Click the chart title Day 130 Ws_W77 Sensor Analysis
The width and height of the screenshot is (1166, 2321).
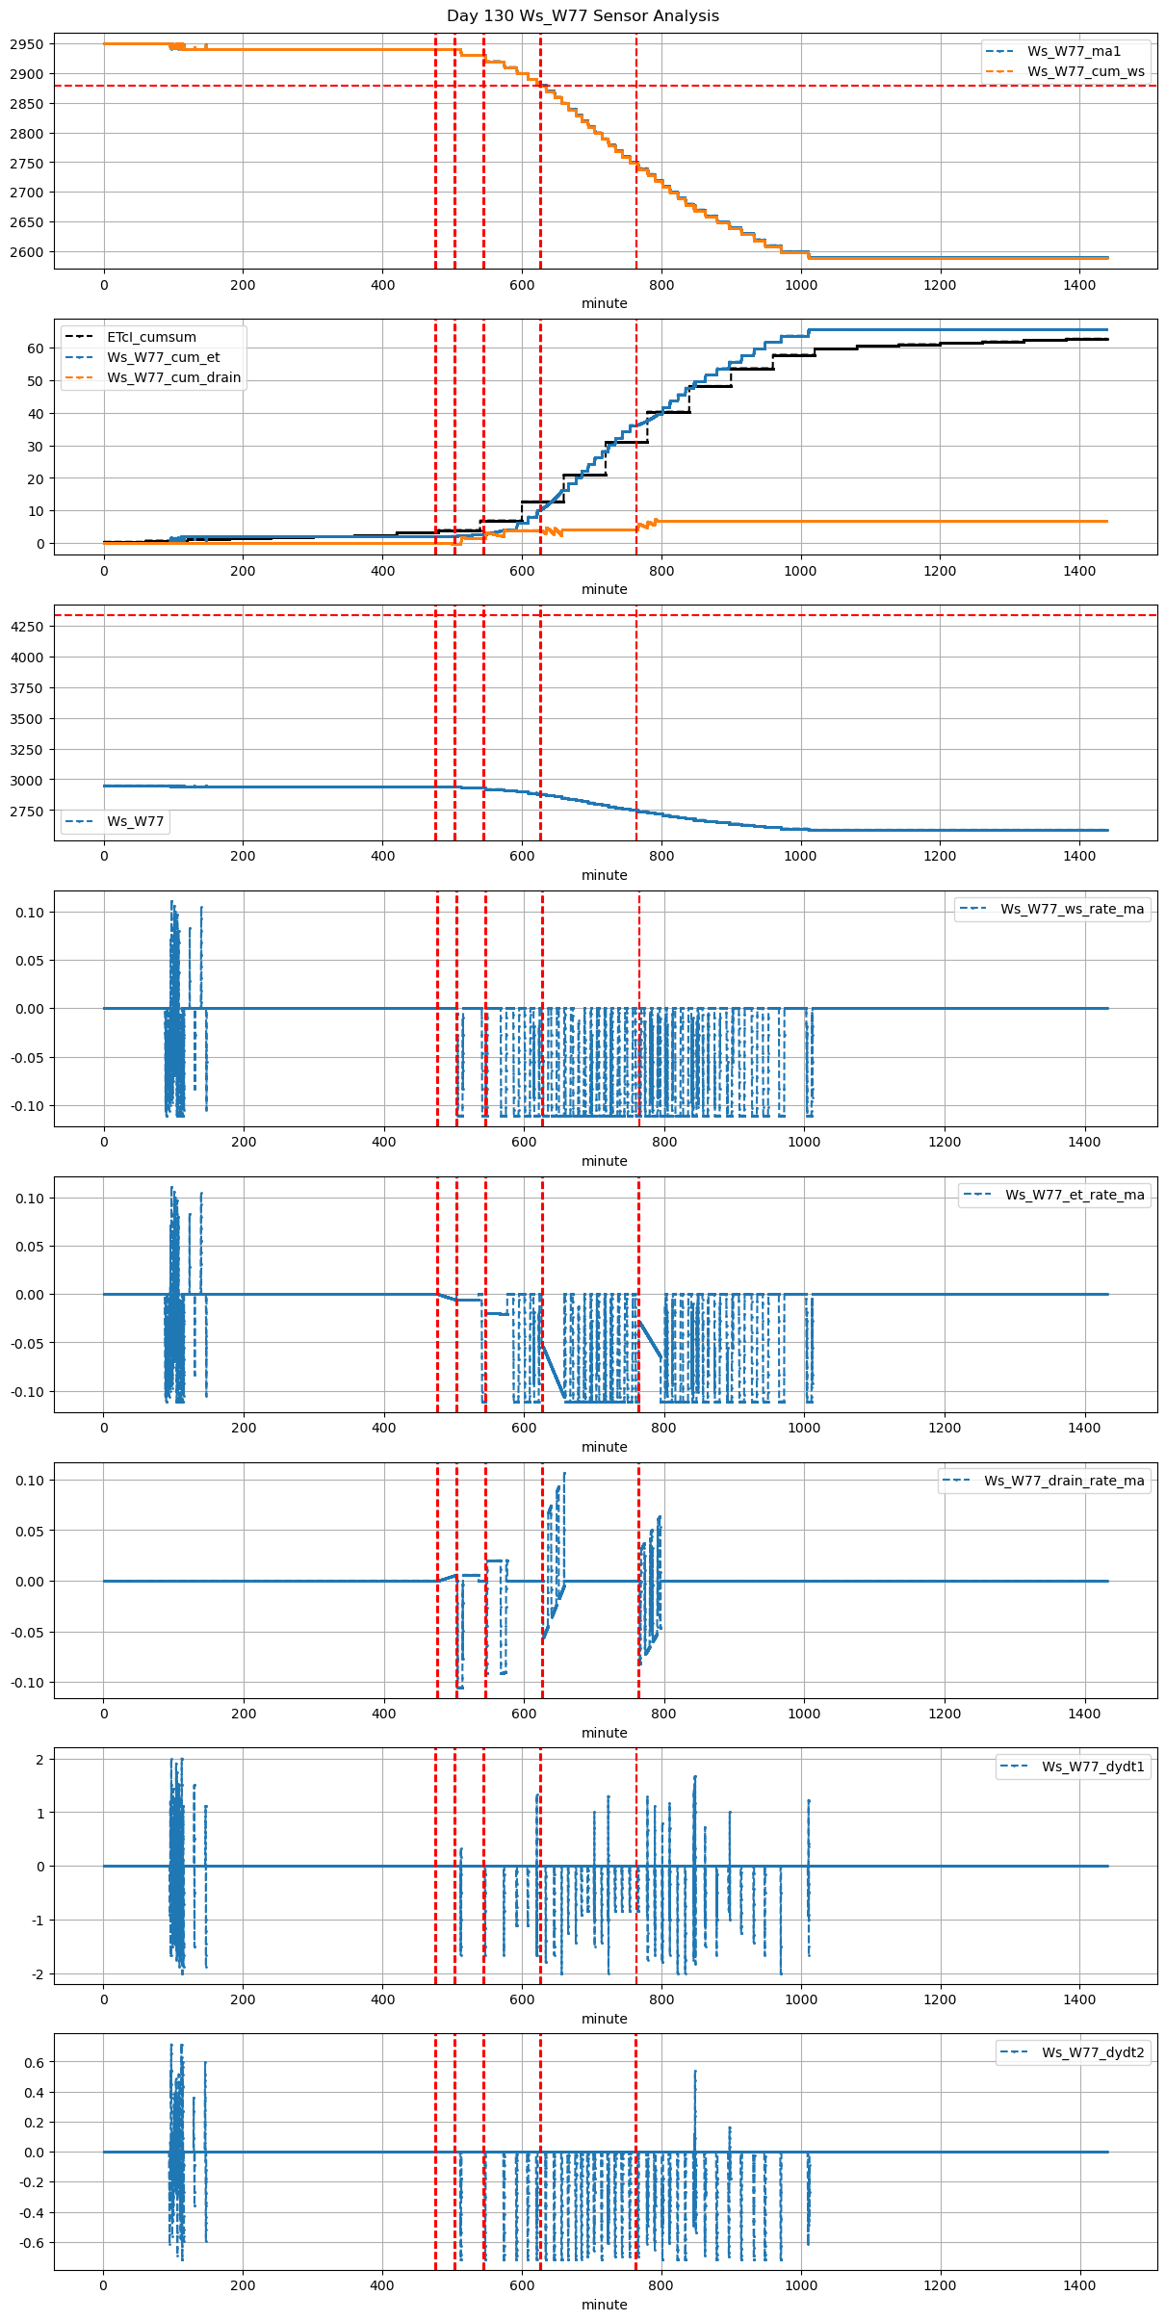click(x=583, y=16)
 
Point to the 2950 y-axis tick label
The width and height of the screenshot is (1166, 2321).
click(x=27, y=44)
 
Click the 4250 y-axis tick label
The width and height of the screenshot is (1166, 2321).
click(x=27, y=627)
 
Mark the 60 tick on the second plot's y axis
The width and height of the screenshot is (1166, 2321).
click(x=36, y=348)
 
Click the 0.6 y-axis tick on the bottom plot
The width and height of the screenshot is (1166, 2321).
click(x=33, y=2062)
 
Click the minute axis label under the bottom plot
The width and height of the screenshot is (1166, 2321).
click(x=605, y=2305)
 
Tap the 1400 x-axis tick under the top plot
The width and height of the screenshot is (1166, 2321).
click(x=1079, y=285)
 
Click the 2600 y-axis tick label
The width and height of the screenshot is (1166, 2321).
click(x=27, y=252)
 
